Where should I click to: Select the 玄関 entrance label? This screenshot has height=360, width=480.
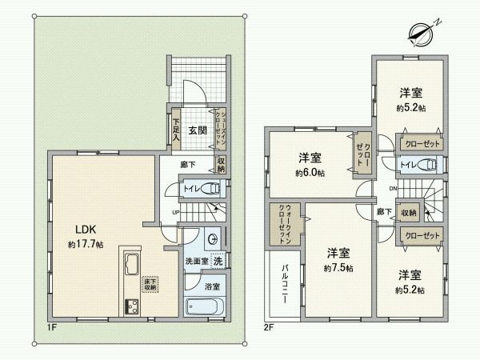click(197, 129)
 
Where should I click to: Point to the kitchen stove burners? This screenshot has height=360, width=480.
click(131, 306)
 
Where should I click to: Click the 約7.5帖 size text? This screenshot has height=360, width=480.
click(340, 267)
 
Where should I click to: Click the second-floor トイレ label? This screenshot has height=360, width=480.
click(406, 166)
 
